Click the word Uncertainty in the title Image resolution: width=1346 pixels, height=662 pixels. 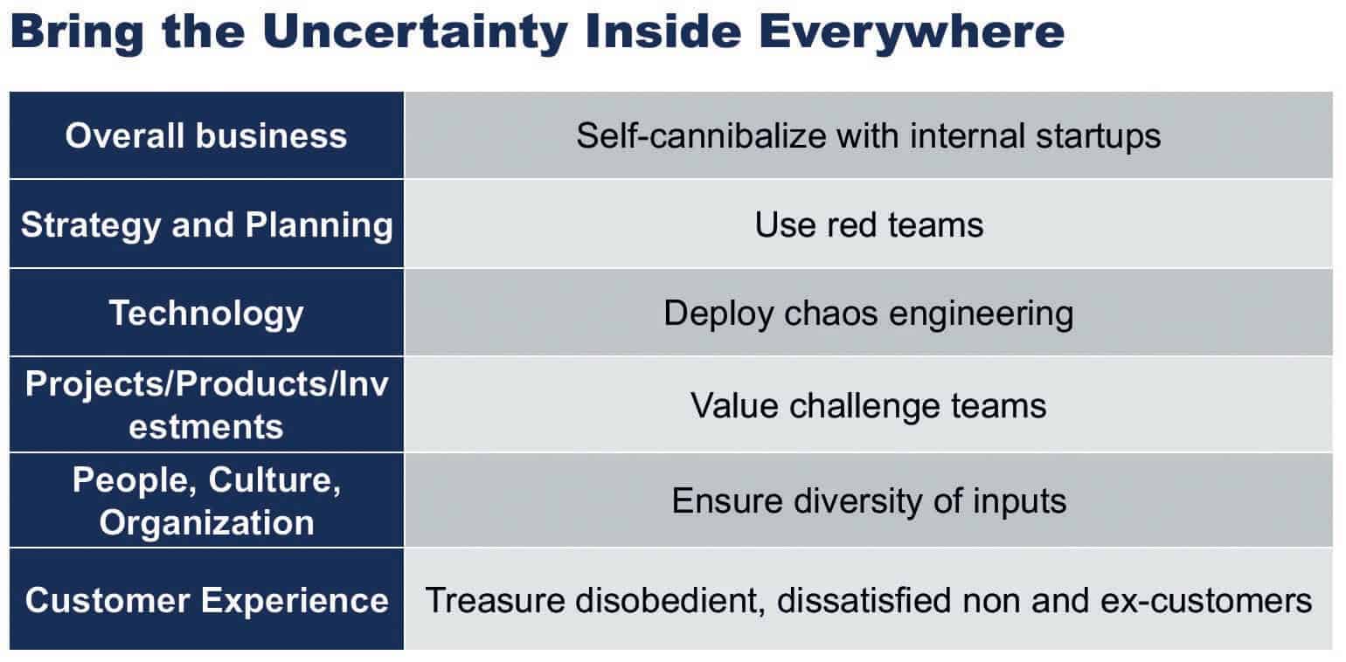(415, 32)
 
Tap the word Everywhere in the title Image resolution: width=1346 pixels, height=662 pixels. (912, 32)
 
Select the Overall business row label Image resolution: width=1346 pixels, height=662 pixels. (206, 135)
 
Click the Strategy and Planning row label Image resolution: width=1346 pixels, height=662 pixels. (206, 225)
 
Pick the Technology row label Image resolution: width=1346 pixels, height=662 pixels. (206, 314)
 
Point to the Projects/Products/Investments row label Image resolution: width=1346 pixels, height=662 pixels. (206, 405)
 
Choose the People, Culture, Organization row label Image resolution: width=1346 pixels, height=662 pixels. (206, 501)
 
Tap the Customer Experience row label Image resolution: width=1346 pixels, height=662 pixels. (206, 600)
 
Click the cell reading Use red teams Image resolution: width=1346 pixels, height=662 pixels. (869, 225)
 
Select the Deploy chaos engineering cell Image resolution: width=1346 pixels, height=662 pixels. (868, 314)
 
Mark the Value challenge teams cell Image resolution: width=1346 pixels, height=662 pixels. (868, 406)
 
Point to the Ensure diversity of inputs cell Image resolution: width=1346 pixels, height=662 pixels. (869, 501)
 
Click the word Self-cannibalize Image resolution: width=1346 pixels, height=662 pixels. (701, 135)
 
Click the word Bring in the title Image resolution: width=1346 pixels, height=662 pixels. (77, 33)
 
